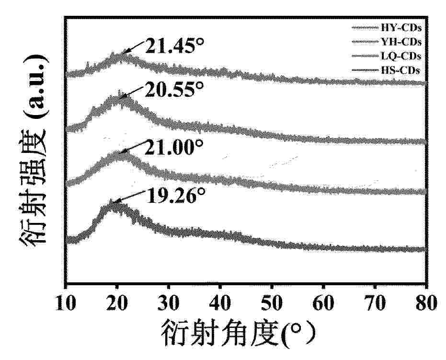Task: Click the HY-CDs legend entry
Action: (x=402, y=28)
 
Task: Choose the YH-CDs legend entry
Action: (x=402, y=42)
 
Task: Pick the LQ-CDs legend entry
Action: (x=402, y=56)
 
